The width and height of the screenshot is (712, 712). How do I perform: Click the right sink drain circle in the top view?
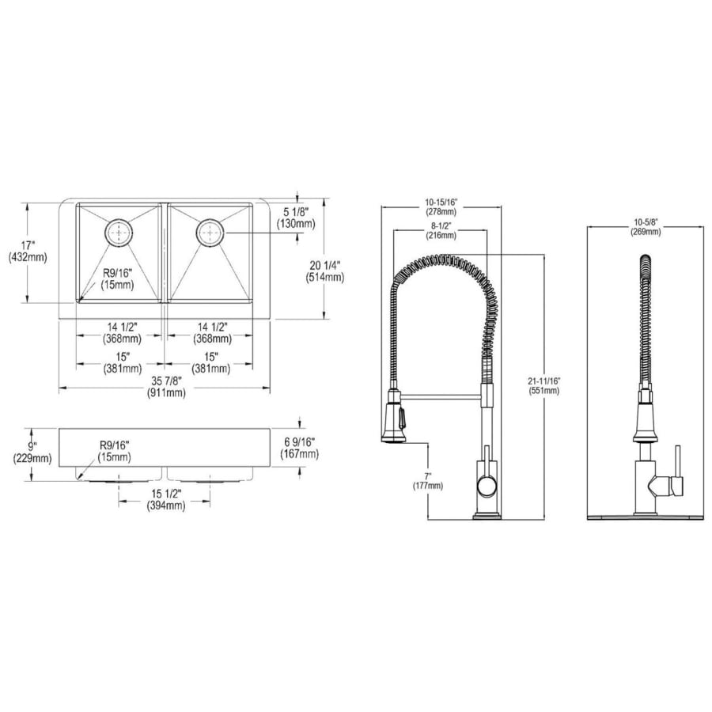(210, 233)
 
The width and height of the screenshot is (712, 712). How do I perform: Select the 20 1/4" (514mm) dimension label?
(324, 271)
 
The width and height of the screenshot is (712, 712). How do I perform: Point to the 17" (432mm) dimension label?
(28, 251)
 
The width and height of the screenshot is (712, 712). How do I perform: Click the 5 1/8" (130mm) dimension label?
(296, 218)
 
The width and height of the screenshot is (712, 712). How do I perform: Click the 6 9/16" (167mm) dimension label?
(299, 447)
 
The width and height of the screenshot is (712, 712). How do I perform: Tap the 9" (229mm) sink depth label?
(32, 453)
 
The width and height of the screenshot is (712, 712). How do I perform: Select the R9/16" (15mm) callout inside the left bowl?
(118, 278)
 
